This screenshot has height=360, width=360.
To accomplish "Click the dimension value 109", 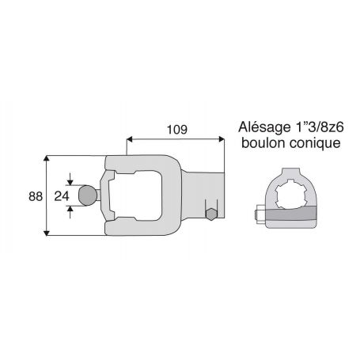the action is pyautogui.click(x=177, y=130).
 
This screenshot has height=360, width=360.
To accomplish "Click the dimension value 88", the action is pyautogui.click(x=36, y=196).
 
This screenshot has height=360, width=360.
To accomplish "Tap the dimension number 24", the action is pyautogui.click(x=62, y=196).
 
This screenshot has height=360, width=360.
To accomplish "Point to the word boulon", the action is pyautogui.click(x=263, y=143).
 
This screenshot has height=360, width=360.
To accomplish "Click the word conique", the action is pyautogui.click(x=315, y=144).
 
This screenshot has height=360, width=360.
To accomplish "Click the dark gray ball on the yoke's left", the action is pyautogui.click(x=88, y=195).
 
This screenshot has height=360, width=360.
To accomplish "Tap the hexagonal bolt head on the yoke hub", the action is pyautogui.click(x=211, y=214).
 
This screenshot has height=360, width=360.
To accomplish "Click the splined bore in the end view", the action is pyautogui.click(x=290, y=194).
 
